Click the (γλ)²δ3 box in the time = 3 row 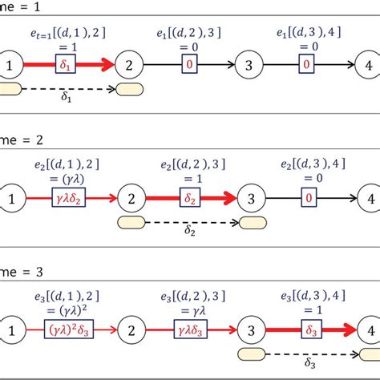coord(67,328)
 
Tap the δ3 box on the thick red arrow coord(306,328)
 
